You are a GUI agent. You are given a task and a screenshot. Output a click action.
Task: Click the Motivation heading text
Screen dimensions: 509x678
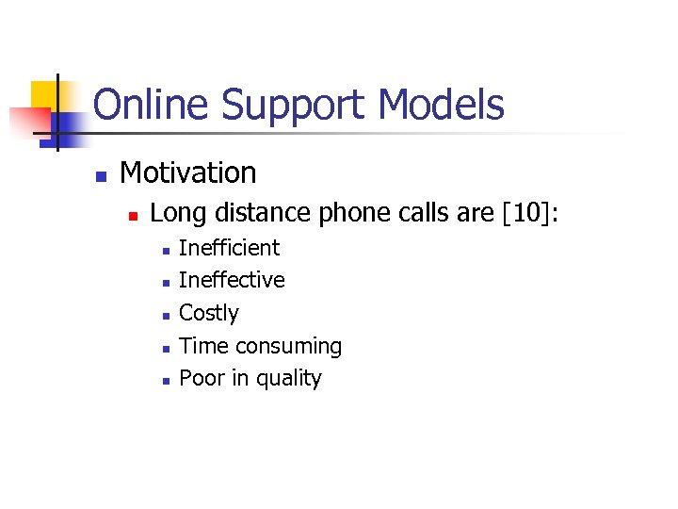point(188,172)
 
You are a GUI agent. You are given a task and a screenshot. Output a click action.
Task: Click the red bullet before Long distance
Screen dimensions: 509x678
point(134,216)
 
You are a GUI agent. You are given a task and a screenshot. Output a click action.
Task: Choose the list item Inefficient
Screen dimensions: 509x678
point(229,248)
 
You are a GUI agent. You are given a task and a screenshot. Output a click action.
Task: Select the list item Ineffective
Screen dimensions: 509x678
point(232,280)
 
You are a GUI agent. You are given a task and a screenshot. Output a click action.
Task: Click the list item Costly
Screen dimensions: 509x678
point(209,313)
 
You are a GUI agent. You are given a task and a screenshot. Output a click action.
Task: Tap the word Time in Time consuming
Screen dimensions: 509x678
point(203,346)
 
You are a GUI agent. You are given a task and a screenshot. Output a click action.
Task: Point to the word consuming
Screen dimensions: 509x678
point(288,347)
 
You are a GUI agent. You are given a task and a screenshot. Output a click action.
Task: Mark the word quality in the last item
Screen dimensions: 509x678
point(290,378)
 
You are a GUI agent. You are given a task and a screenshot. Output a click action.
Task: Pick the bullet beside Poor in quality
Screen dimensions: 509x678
point(165,381)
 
